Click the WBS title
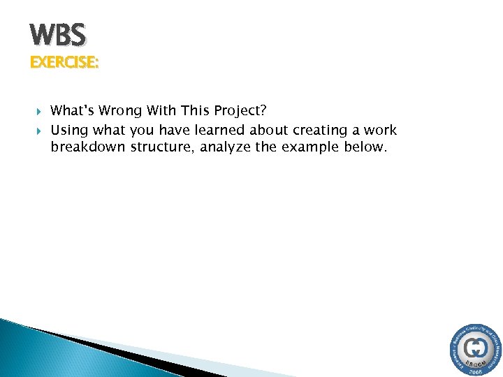[x=58, y=34]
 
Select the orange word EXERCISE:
[x=64, y=63]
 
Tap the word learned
[x=215, y=130]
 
